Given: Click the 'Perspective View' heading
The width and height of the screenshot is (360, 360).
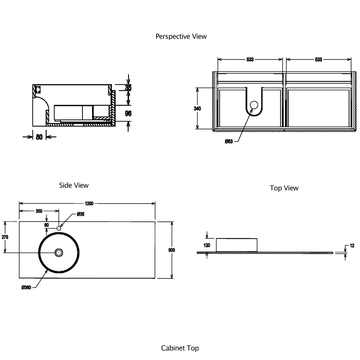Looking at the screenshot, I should (181, 36).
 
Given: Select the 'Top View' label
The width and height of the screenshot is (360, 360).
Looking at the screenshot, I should (284, 188).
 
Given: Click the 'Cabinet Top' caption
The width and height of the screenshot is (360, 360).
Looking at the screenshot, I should (180, 348).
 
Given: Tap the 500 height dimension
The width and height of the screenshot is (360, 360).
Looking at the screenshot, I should (172, 250).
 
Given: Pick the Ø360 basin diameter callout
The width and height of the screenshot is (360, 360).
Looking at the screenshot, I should (26, 288).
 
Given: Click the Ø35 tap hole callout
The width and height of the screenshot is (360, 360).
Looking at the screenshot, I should (81, 214).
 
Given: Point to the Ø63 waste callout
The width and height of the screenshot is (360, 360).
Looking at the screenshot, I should (229, 141).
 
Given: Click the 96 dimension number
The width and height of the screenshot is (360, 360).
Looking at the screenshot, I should (129, 113).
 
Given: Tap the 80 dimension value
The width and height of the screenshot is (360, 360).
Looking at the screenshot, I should (39, 136).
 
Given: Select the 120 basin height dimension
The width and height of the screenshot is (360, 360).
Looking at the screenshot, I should (207, 245).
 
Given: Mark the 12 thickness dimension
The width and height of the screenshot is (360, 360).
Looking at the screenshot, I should (352, 245).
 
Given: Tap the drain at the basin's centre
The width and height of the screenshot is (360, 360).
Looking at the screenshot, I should (59, 252).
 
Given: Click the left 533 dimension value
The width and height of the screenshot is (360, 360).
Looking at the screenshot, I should (249, 60).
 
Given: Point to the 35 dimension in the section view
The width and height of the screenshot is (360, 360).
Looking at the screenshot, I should (129, 87).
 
